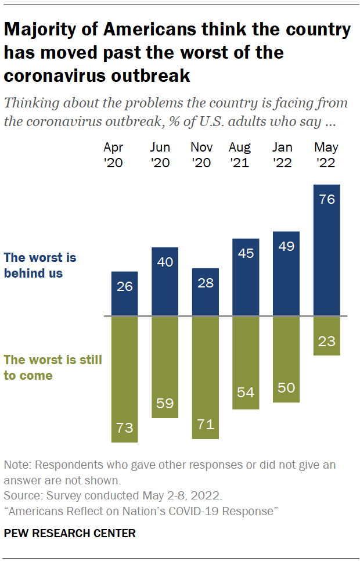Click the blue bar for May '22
click(x=326, y=250)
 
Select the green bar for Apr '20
click(x=124, y=380)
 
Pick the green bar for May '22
click(x=326, y=336)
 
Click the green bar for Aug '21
click(x=246, y=363)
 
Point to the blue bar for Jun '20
click(x=165, y=282)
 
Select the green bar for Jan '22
click(x=286, y=359)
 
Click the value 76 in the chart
click(x=326, y=199)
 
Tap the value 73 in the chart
click(x=124, y=429)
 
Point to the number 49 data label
click(x=286, y=246)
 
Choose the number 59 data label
click(x=165, y=404)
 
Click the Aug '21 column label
click(x=239, y=154)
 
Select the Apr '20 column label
click(x=114, y=154)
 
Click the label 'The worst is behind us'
click(x=40, y=265)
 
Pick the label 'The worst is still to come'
click(x=53, y=368)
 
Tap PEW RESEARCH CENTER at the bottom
click(x=70, y=533)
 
